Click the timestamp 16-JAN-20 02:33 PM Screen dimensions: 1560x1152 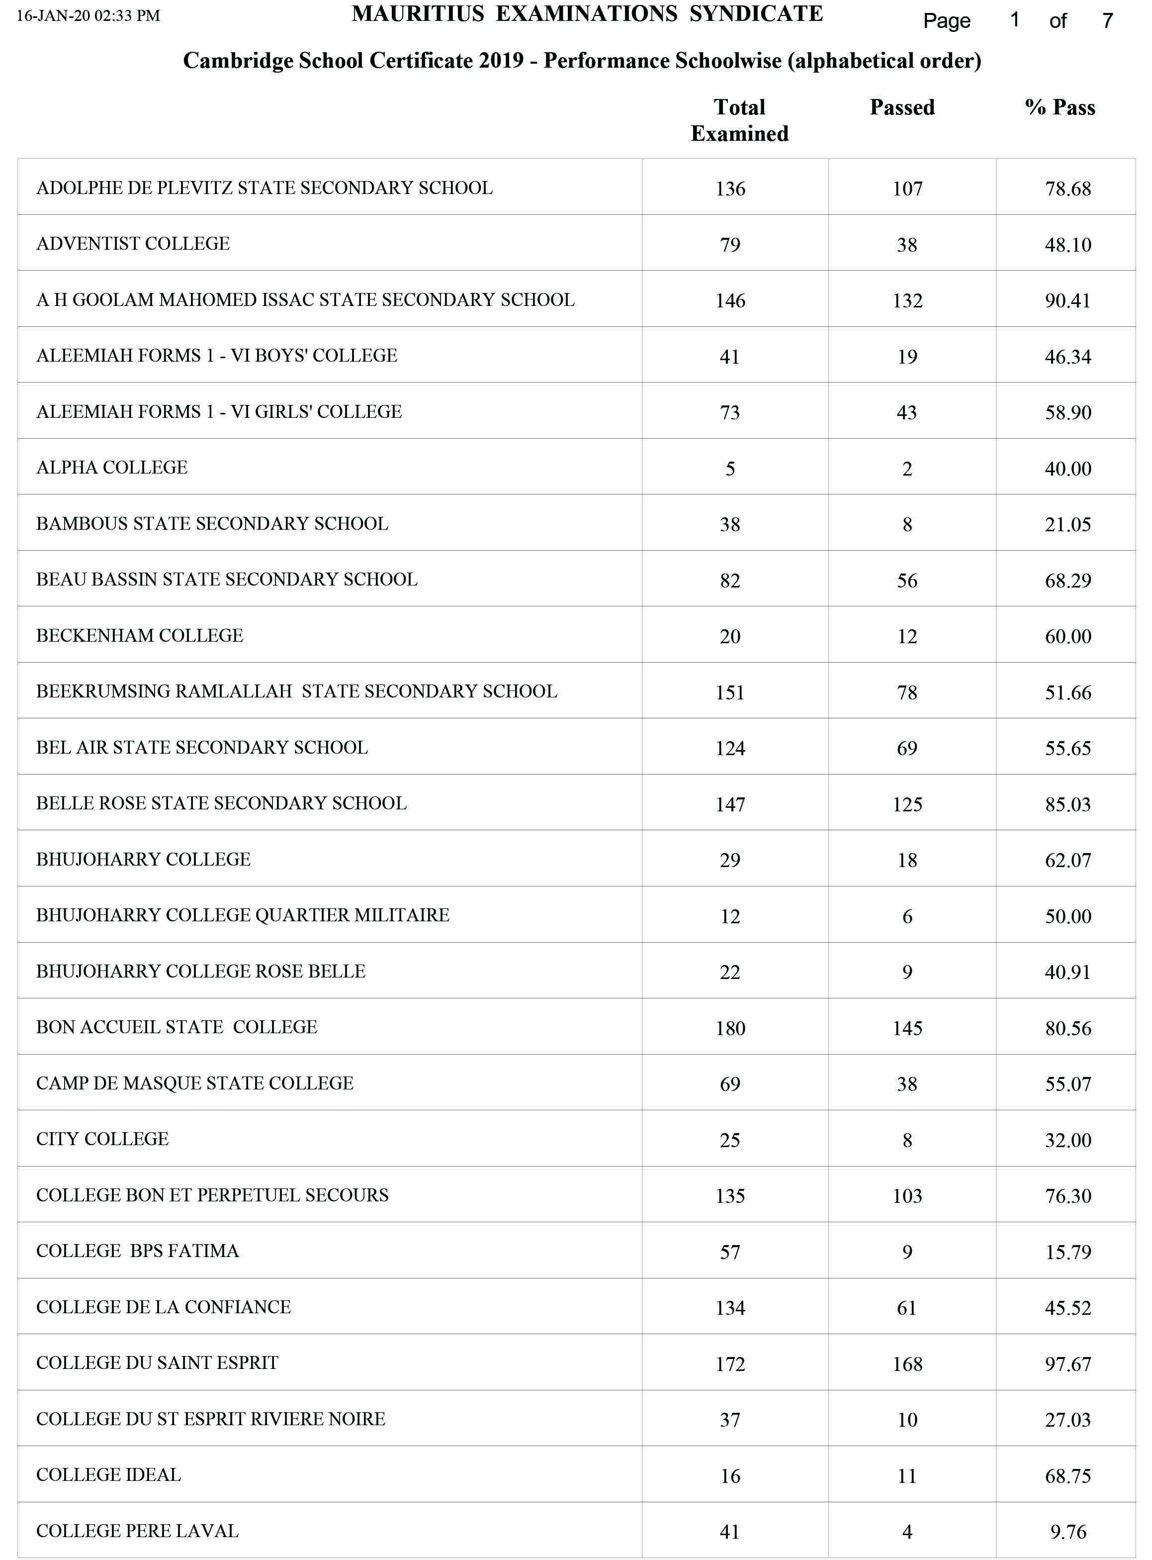pos(89,15)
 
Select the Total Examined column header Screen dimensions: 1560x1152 pos(739,120)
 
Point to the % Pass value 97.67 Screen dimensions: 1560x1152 pos(1067,1364)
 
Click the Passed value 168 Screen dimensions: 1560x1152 pos(907,1364)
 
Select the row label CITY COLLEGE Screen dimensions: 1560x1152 pos(102,1139)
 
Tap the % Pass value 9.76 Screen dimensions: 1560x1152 pos(1067,1532)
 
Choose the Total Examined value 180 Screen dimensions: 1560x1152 pos(730,1028)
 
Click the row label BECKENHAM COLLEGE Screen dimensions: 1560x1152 pos(140,636)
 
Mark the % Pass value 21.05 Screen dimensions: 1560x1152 pos(1067,525)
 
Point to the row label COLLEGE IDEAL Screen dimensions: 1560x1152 pos(109,1475)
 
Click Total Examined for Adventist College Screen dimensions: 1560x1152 pos(730,245)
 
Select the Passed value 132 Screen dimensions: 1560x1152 pos(907,300)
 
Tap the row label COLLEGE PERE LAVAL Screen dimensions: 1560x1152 pos(137,1531)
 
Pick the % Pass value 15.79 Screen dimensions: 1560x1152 pos(1067,1252)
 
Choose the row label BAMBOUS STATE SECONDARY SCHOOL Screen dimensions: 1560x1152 pos(212,524)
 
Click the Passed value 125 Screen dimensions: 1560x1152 pos(907,804)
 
